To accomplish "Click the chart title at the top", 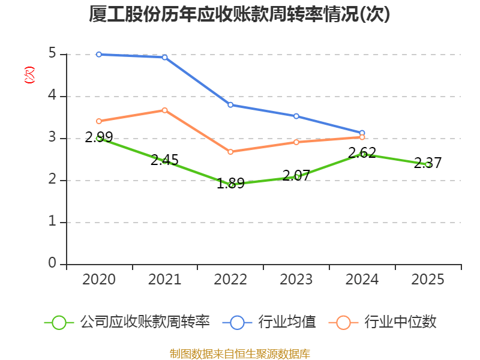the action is [x=239, y=14].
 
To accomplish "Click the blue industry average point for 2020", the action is [x=99, y=55].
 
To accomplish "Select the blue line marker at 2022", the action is [x=230, y=105].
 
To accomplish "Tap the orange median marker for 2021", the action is [x=164, y=110].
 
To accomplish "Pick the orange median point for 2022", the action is [x=230, y=152].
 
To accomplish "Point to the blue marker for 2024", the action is [x=362, y=133].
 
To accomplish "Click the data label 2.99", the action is [x=99, y=137].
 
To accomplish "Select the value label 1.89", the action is [x=230, y=184].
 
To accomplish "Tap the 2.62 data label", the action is [x=362, y=153].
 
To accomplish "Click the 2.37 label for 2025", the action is [x=428, y=163].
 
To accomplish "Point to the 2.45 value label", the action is [x=164, y=160].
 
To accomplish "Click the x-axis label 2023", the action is [x=296, y=280].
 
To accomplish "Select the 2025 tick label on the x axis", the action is [x=428, y=280].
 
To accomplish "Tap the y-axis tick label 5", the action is [x=52, y=53].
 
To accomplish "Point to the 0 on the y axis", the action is [x=52, y=263].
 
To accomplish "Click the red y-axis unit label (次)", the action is [x=29, y=75].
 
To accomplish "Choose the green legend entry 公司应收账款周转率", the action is [x=127, y=322].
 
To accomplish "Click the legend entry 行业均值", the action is [x=269, y=322].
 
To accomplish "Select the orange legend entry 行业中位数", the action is [x=382, y=322].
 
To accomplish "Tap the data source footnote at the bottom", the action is [x=240, y=354].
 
